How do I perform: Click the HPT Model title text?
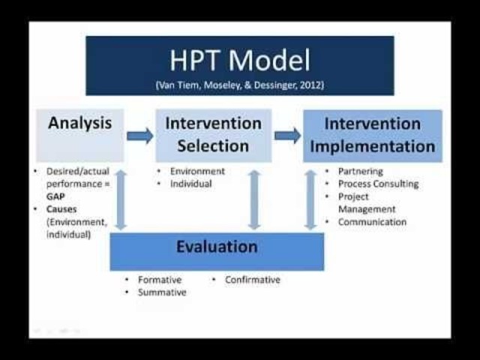coord(239,59)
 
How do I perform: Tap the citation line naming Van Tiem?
coord(239,85)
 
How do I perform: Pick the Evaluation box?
coord(217,250)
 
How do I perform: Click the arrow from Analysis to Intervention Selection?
coord(139,136)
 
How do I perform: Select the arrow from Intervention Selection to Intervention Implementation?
coord(287,136)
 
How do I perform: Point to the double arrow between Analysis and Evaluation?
coord(120,199)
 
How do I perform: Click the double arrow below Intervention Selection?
coord(254,199)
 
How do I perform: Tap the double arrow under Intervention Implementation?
coord(310,199)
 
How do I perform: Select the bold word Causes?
coord(62,209)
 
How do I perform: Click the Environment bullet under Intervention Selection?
coord(197,171)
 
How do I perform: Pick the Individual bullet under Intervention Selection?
coord(191,183)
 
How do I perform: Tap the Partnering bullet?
coord(360,171)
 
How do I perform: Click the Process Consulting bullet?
coord(378,183)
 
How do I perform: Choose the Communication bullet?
coord(372,222)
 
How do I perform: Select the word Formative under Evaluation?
coord(160,280)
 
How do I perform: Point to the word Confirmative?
coord(253,280)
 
